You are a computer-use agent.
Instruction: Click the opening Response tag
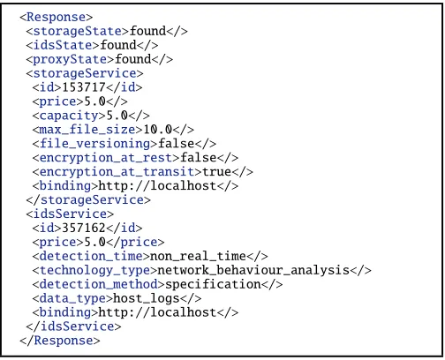[x=57, y=17]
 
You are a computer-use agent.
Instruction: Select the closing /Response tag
[x=60, y=341]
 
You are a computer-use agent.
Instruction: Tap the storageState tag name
[x=78, y=31]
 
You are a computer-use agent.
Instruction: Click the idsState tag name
[x=63, y=45]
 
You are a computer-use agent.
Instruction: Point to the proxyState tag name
[x=70, y=59]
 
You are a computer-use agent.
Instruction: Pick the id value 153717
[x=84, y=87]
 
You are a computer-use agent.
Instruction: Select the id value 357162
[x=84, y=228]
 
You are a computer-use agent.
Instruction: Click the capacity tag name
[x=69, y=116]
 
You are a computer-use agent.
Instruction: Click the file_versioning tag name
[x=94, y=144]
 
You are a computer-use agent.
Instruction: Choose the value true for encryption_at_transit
[x=216, y=172]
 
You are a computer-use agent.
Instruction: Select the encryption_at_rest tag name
[x=106, y=158]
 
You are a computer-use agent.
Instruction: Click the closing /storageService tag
[x=88, y=200]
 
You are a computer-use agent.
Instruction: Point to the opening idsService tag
[x=70, y=214]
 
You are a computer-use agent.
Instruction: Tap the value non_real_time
[x=198, y=256]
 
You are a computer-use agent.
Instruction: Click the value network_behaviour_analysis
[x=253, y=270]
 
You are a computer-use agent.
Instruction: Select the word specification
[x=213, y=284]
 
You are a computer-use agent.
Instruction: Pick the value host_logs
[x=147, y=298]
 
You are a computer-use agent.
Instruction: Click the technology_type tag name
[x=94, y=270]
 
